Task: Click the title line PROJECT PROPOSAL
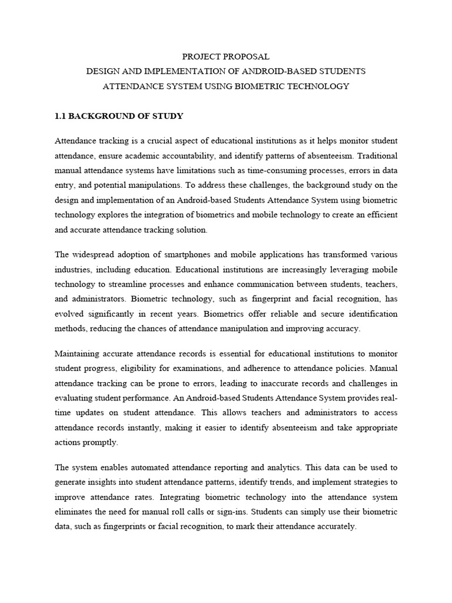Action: [226, 57]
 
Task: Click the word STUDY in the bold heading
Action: [170, 116]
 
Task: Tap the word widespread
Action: [93, 254]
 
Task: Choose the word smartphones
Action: [187, 254]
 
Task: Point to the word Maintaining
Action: [78, 353]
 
